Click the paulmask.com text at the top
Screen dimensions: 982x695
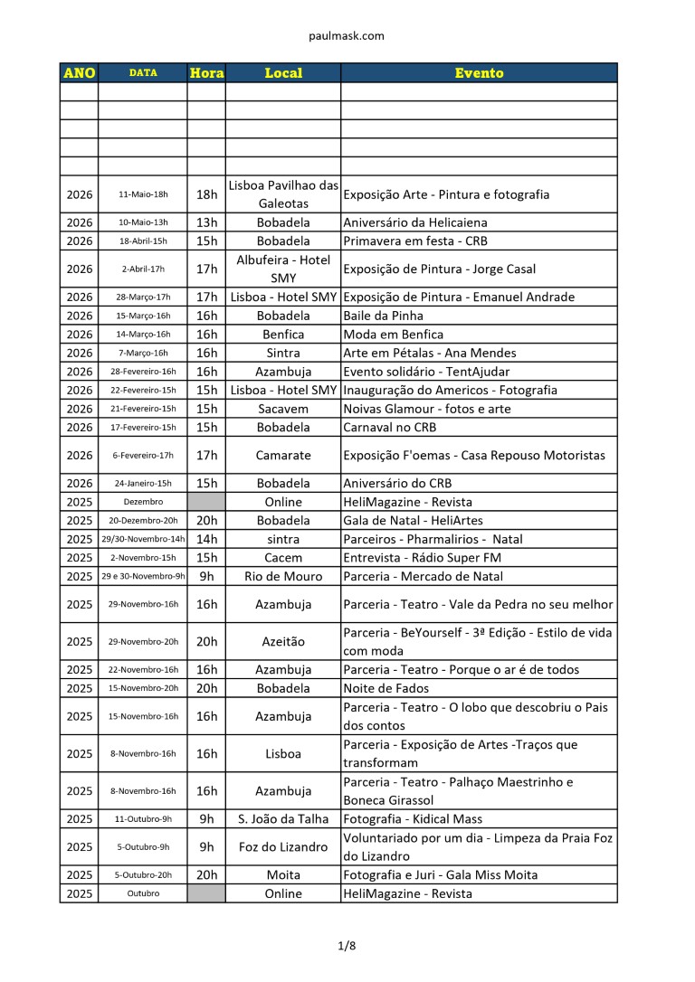point(347,36)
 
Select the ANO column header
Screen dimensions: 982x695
point(80,72)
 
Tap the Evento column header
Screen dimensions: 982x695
point(479,72)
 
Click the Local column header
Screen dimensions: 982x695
point(283,72)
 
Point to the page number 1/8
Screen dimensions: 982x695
point(347,946)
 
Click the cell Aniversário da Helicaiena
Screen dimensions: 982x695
point(415,222)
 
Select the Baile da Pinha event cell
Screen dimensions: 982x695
point(384,316)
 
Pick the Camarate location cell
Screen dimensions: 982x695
point(283,456)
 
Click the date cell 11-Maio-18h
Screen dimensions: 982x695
point(143,194)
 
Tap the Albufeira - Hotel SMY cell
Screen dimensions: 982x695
point(283,269)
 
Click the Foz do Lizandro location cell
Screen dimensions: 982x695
point(283,847)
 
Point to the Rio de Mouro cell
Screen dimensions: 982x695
point(283,576)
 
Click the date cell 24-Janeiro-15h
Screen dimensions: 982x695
point(143,484)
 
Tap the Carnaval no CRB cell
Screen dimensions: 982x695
point(390,428)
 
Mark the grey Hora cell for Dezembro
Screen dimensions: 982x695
point(206,502)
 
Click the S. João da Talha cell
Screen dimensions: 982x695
point(283,819)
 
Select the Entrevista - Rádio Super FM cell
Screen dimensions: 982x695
point(422,558)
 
